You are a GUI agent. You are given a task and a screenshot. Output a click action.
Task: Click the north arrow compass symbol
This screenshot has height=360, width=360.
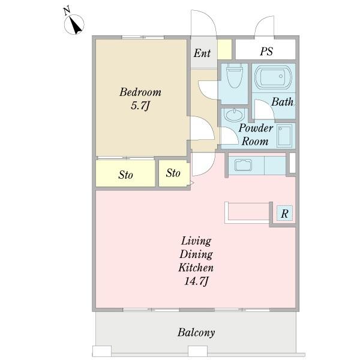74,23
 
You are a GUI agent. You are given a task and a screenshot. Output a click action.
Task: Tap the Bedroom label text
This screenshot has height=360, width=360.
140,92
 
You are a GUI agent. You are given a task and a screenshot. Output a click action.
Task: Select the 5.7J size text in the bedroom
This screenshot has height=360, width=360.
140,106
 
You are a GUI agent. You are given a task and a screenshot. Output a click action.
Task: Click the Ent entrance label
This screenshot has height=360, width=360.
202,53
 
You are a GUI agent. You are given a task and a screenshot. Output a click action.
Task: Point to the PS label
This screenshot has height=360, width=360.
266,51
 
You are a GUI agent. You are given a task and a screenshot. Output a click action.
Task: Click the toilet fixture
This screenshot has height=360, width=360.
235,76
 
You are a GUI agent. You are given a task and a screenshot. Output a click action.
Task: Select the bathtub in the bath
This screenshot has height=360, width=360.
273,77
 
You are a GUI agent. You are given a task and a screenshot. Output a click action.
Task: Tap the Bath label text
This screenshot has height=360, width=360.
283,102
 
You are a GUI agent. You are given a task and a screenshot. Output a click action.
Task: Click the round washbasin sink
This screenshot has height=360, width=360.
235,115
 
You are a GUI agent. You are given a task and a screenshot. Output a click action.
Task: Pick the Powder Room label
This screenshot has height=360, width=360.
256,134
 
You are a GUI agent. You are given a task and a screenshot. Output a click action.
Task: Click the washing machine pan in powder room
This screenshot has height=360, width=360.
284,136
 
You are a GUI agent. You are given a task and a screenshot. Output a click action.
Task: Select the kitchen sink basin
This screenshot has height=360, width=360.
243,165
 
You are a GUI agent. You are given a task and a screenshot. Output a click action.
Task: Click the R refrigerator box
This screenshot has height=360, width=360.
284,213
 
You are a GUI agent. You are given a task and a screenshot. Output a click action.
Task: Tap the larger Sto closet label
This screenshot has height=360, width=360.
125,175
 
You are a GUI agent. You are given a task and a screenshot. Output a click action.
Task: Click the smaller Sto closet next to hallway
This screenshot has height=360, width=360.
174,173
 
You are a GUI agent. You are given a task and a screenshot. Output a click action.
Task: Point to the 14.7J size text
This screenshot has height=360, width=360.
196,281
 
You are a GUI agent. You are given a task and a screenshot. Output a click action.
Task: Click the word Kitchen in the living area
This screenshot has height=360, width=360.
196,268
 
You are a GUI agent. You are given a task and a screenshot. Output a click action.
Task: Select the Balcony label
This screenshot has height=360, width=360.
196,332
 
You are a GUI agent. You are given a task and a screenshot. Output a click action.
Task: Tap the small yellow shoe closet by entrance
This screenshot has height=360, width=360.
224,49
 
